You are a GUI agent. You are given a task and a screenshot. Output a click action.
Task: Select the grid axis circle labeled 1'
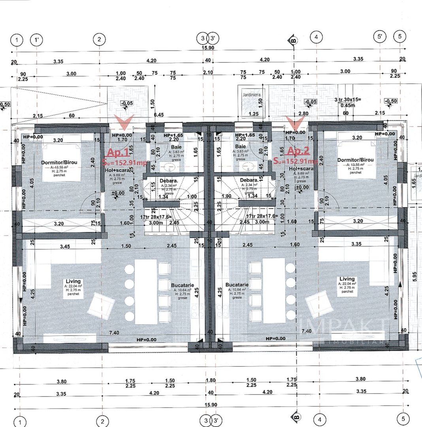coord(37,40)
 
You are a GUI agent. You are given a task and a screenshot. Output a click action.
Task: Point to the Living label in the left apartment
coord(73,282)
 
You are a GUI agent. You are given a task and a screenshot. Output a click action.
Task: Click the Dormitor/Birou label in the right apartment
coord(355,160)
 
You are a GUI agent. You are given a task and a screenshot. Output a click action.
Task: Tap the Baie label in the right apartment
coord(240,147)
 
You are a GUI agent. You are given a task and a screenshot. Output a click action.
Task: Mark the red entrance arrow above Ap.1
coord(124,122)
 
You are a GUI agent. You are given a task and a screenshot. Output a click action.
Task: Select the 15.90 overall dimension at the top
coord(208,48)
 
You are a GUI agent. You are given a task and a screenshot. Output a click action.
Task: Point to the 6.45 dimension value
coord(159,115)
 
